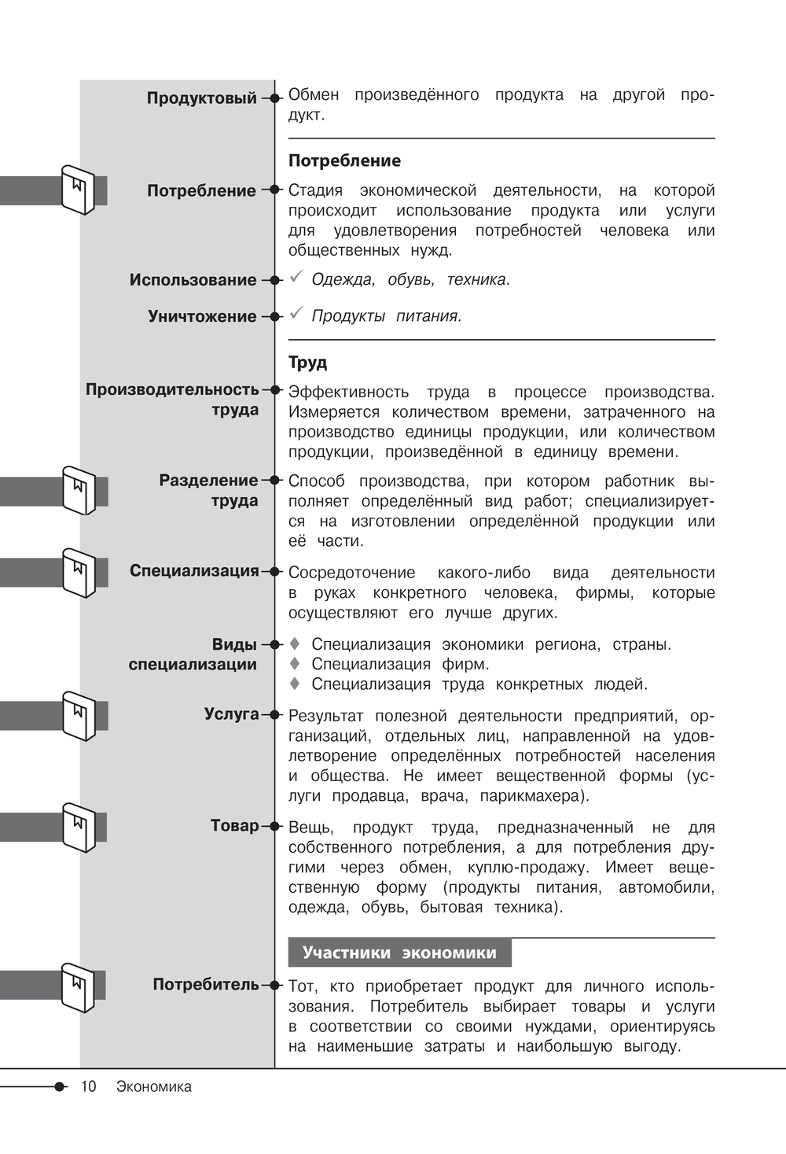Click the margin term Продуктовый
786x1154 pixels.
(x=202, y=98)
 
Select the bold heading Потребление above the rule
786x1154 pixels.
(x=344, y=160)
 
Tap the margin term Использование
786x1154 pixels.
(x=193, y=280)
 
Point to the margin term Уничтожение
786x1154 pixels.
(x=202, y=316)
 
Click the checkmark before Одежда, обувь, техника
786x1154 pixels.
(x=296, y=277)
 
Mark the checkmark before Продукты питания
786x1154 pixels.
(x=296, y=313)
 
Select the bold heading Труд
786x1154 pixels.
(x=307, y=363)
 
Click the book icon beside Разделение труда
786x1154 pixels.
(x=79, y=491)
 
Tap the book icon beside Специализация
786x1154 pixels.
(x=79, y=573)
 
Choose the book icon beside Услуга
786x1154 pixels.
(x=79, y=716)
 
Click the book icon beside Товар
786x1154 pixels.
(x=79, y=828)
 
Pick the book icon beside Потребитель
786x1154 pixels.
(x=78, y=987)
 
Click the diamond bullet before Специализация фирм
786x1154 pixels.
(x=296, y=664)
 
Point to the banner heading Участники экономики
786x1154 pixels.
(x=399, y=953)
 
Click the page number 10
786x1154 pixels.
(x=88, y=1086)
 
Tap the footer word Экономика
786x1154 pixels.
(x=154, y=1086)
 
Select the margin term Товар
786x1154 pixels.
(x=234, y=826)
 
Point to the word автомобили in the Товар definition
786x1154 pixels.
(x=667, y=887)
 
